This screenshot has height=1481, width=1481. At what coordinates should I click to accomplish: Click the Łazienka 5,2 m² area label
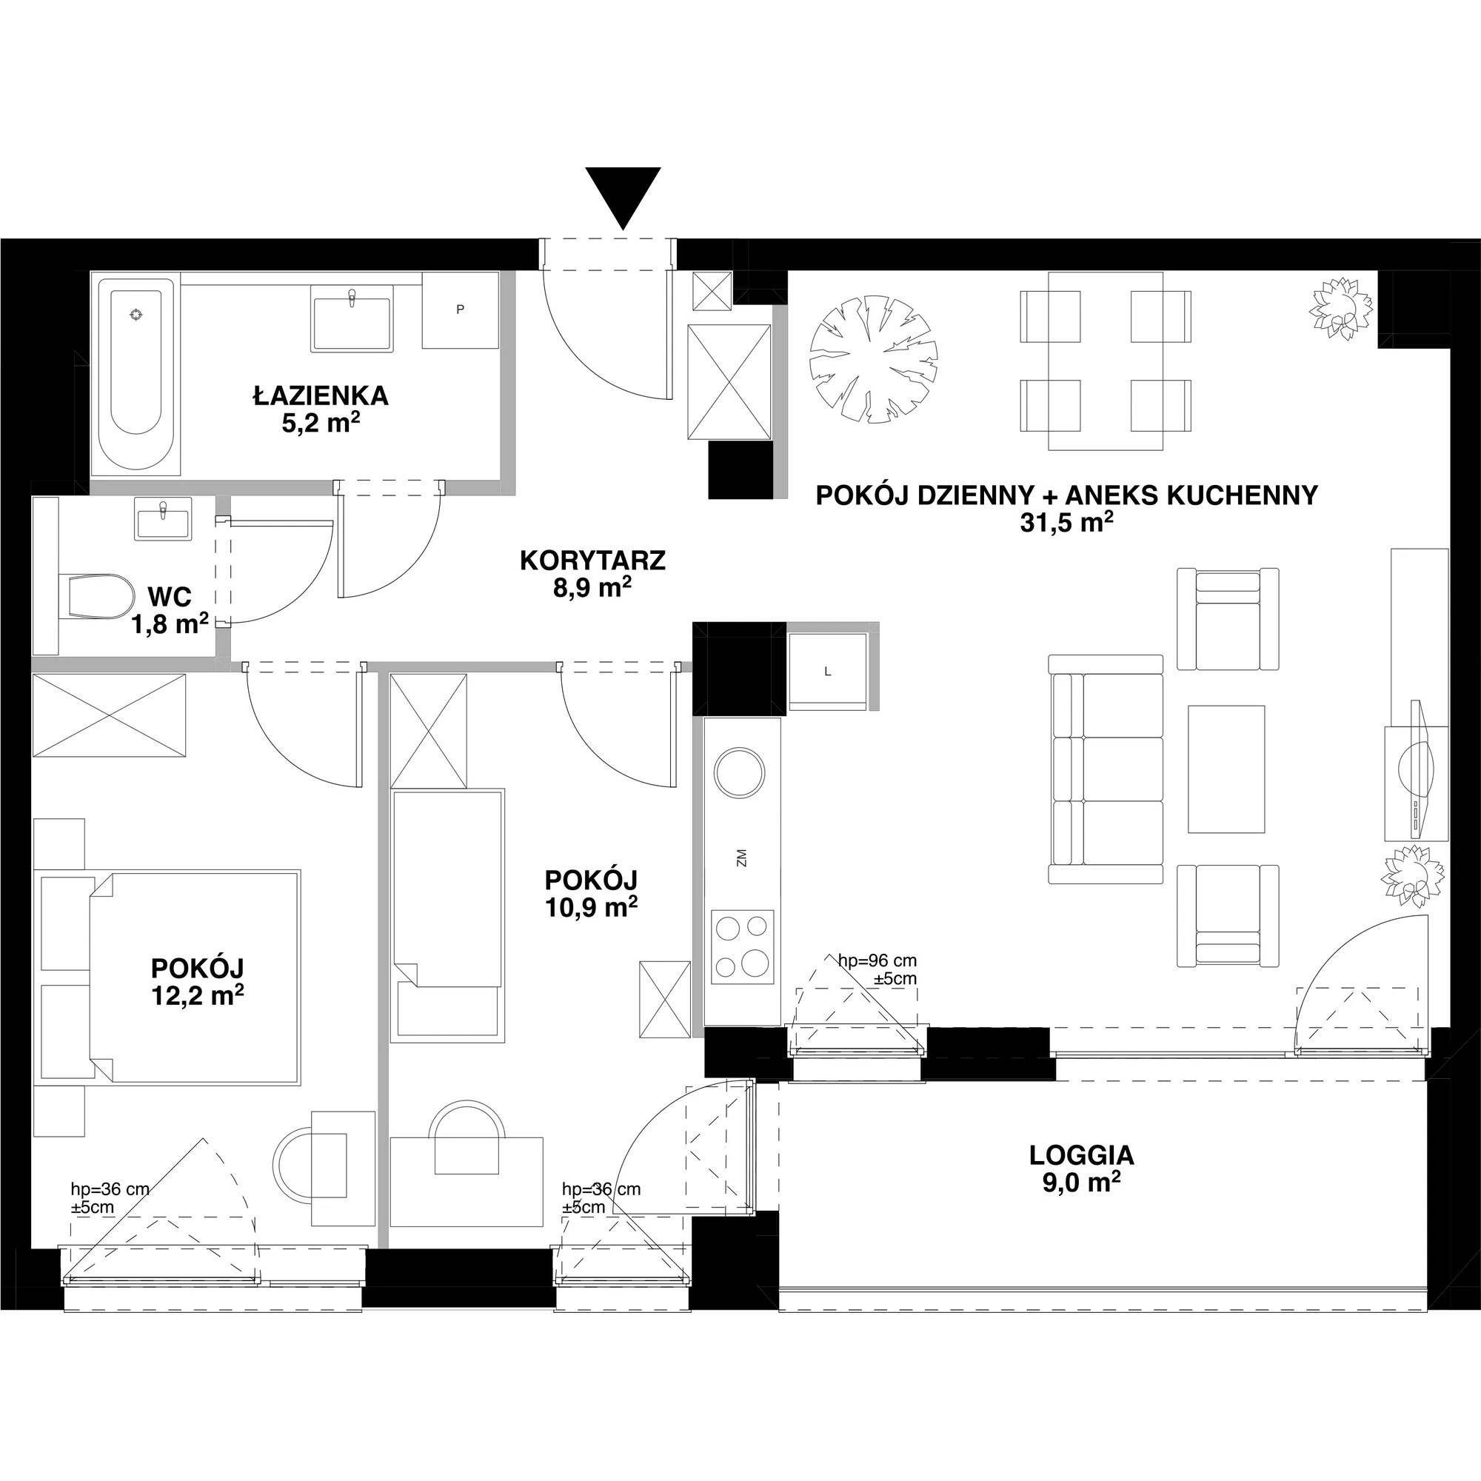click(321, 409)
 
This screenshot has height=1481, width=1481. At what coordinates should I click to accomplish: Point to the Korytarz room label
click(592, 561)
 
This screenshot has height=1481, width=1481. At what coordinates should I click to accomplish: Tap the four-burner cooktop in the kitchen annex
click(742, 946)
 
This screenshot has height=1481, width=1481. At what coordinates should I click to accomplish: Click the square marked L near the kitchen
click(828, 672)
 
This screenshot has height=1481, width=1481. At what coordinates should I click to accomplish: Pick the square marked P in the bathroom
click(460, 310)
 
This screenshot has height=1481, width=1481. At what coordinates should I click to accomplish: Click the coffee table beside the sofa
click(1226, 769)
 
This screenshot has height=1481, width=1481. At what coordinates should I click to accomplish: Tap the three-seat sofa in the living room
click(1106, 768)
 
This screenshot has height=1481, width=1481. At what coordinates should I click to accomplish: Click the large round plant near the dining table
click(874, 361)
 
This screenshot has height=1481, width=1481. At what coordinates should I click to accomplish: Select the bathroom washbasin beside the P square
click(352, 318)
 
